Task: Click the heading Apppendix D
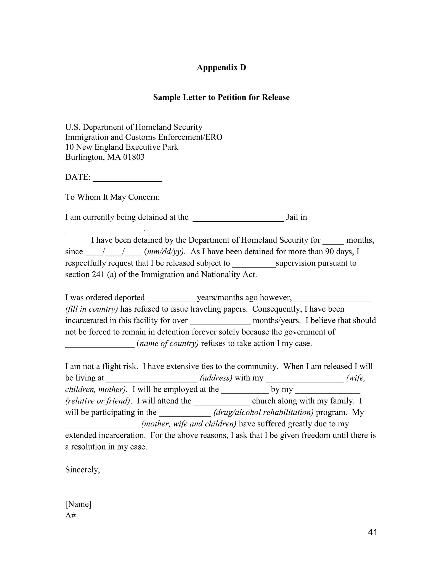click(221, 67)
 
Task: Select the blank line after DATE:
click(128, 178)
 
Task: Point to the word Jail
click(292, 217)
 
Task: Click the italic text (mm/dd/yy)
click(165, 252)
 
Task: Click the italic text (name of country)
click(168, 343)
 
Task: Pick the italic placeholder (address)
click(216, 378)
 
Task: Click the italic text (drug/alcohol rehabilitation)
click(263, 412)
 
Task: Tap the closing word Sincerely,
click(82, 470)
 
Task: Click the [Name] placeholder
click(78, 504)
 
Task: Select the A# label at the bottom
click(70, 516)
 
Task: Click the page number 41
click(372, 532)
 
